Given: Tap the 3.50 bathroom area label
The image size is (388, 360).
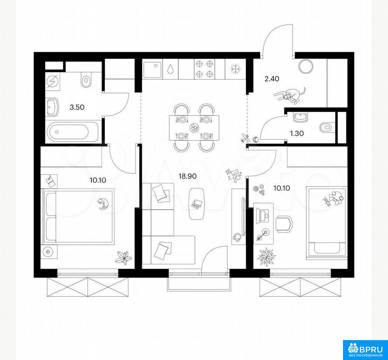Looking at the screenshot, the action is (x=77, y=107).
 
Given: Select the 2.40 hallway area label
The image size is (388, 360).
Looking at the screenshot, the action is (x=271, y=79).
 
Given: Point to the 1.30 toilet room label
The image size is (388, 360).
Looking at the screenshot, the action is (x=297, y=133).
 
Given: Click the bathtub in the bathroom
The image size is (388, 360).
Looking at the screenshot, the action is (x=67, y=132).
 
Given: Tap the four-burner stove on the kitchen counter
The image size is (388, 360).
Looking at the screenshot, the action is (x=204, y=69).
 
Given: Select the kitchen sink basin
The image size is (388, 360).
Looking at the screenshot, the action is (x=152, y=69).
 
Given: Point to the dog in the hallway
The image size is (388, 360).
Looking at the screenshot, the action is (x=290, y=95).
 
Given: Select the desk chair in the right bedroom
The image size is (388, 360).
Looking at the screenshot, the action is (x=284, y=224).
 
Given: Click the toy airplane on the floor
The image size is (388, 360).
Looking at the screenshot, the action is (x=245, y=138).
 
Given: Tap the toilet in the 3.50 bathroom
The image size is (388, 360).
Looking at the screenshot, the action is (x=86, y=79).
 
